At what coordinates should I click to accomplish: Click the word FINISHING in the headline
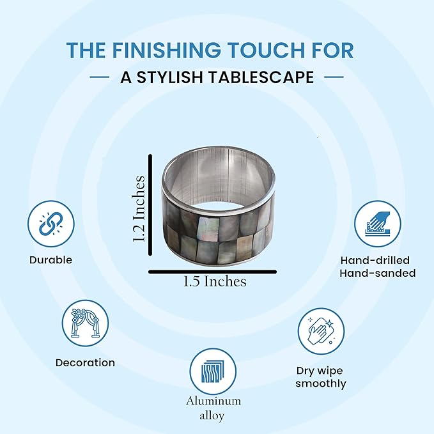166,50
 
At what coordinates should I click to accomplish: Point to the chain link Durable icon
51,224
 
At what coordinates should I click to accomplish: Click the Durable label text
51,260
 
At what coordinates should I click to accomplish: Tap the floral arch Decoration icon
85,323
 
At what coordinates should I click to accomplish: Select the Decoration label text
85,362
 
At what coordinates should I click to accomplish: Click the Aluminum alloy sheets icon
213,371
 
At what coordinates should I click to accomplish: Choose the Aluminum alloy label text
213,408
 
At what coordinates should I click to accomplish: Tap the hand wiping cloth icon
321,331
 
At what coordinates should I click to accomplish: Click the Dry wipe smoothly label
320,377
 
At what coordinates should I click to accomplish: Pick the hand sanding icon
378,224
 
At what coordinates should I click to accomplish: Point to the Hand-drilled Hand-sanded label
378,267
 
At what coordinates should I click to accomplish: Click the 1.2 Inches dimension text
139,209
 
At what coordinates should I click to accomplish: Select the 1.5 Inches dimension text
215,281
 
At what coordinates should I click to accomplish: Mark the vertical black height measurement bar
150,205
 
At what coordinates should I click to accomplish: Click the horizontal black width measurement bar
213,272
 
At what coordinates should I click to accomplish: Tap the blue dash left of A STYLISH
100,77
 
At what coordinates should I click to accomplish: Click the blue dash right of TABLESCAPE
334,77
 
